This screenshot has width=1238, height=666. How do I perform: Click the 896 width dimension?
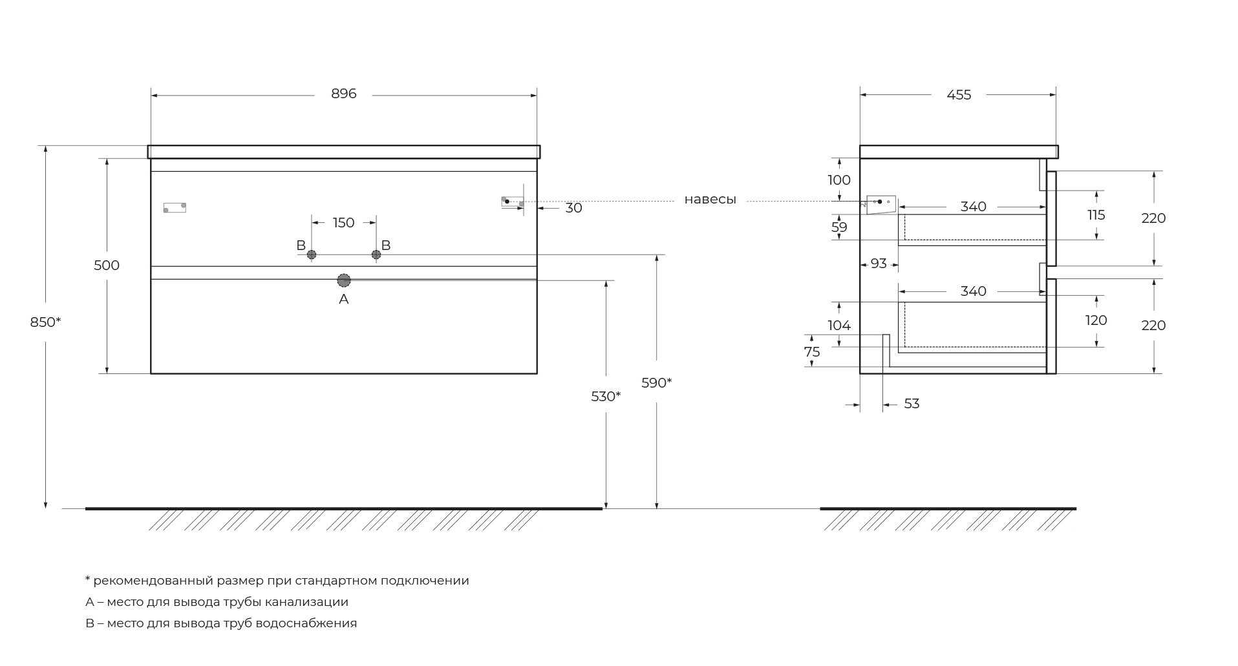tap(343, 94)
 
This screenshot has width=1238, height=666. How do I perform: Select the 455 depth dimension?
tap(959, 95)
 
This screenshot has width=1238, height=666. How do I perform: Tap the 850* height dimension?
tap(45, 322)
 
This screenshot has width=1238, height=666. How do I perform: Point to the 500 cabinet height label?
tap(107, 265)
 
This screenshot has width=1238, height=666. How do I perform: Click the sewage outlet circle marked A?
tap(344, 280)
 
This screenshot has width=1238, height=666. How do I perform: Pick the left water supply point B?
tap(312, 255)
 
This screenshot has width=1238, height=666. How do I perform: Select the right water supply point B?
tap(376, 255)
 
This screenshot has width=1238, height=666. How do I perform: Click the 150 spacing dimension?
tap(343, 223)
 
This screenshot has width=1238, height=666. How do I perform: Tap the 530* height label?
tap(606, 397)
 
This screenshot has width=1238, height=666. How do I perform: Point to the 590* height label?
tap(656, 383)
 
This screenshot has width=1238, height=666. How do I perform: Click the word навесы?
tap(710, 200)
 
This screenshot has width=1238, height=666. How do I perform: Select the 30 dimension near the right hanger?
tap(574, 208)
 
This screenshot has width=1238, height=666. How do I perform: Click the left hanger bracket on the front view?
tap(175, 207)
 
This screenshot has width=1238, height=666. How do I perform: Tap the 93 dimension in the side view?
tap(879, 264)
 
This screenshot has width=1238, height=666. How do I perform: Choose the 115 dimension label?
tap(1096, 215)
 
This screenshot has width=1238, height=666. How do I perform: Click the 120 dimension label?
tap(1096, 320)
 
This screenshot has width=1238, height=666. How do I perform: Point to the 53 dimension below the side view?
tap(912, 404)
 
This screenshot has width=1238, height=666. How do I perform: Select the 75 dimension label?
tap(812, 352)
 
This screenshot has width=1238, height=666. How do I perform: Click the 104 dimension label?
tap(839, 326)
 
